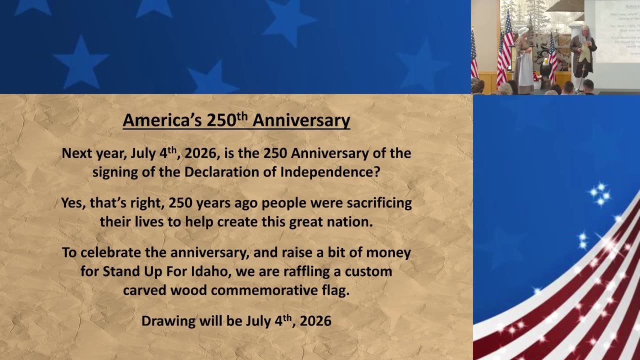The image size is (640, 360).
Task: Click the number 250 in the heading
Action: point(220,120)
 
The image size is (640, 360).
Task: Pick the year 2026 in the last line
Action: point(315,321)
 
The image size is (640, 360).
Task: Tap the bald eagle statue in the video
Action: point(546,67)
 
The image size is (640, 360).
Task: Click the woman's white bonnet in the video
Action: point(522,31)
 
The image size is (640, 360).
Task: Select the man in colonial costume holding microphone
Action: point(582,55)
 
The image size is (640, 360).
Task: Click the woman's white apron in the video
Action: point(524,70)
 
